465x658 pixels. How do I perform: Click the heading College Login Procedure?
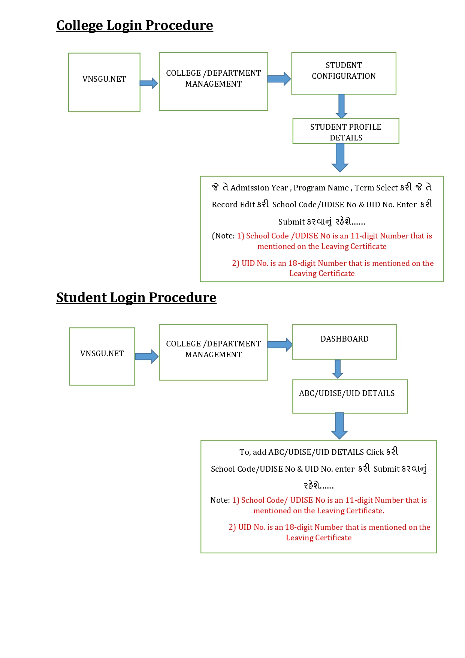[135, 25]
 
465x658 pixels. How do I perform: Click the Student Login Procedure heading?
[136, 298]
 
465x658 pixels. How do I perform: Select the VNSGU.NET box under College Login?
[104, 82]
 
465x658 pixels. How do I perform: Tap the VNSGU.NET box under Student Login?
[102, 356]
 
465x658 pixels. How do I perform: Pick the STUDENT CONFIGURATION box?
[344, 73]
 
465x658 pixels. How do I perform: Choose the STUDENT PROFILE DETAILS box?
[345, 131]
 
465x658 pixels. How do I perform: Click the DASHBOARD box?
[344, 342]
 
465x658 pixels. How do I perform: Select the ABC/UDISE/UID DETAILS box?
[350, 396]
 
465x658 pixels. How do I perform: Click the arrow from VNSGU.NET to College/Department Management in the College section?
[149, 83]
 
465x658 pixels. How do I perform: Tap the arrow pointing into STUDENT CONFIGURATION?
[279, 79]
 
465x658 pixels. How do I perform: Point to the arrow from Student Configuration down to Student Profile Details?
[341, 106]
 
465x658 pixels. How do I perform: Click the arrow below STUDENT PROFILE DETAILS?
[340, 157]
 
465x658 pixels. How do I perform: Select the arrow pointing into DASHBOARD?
[280, 345]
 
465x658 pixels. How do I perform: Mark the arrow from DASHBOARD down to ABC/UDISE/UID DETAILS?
[338, 369]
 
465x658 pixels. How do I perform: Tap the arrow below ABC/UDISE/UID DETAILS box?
[339, 426]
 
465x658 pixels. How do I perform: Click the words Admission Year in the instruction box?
[259, 188]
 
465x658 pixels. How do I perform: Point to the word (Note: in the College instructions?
[223, 236]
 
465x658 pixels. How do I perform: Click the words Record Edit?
[233, 205]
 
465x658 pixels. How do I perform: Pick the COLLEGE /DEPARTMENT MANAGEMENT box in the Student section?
[213, 352]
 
